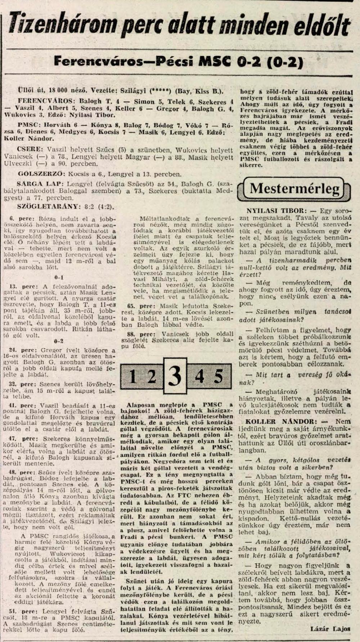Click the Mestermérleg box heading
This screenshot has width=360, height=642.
point(294,188)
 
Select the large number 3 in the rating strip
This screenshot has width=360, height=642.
point(175,376)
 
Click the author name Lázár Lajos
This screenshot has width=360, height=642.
point(330,629)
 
